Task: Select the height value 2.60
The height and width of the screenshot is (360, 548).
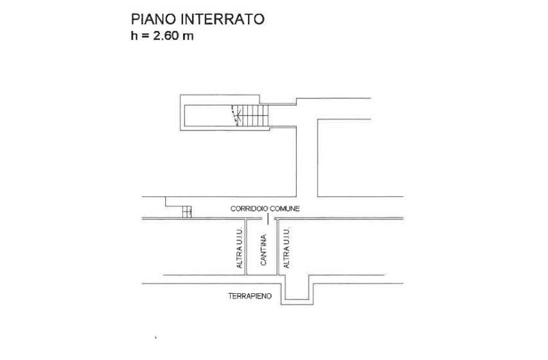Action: [x=166, y=37]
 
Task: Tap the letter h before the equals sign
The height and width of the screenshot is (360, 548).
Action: [x=134, y=37]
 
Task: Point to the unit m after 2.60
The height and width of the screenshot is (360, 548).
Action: [x=188, y=37]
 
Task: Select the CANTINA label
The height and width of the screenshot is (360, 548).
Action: [x=263, y=251]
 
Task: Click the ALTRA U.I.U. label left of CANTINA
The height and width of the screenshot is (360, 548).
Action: [x=240, y=248]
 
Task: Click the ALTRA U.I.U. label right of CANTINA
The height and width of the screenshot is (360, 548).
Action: [x=287, y=248]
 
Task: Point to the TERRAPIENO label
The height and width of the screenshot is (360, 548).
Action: [x=250, y=296]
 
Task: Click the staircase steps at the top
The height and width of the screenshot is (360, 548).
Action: [x=254, y=116]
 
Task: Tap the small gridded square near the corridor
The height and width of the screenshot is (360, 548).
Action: [x=187, y=212]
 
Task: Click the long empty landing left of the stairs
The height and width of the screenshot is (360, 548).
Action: [x=209, y=116]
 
